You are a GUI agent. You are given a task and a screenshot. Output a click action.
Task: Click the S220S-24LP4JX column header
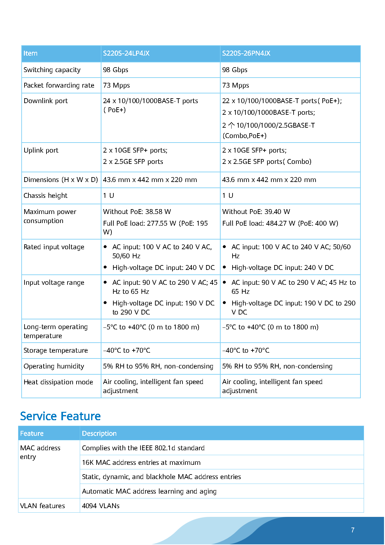point(126,53)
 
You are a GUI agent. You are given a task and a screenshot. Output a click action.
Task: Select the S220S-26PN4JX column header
point(246,53)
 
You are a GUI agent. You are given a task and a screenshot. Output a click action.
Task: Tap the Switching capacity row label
point(52,70)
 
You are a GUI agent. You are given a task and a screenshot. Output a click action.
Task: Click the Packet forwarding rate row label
point(59,85)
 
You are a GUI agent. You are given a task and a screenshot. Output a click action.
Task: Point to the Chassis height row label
point(46,196)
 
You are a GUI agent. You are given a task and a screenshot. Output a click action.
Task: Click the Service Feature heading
point(60,416)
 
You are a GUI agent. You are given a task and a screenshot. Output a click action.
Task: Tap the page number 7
point(353,530)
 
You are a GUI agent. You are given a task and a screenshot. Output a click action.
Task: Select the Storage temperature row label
point(56,350)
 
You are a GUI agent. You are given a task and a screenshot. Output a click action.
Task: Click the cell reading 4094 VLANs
point(101,506)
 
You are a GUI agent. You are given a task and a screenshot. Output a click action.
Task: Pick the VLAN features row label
point(42,506)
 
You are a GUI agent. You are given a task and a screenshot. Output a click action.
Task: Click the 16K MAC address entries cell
point(141,462)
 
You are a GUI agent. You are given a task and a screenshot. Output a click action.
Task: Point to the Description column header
point(99,433)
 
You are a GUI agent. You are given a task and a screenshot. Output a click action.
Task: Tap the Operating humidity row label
point(54,366)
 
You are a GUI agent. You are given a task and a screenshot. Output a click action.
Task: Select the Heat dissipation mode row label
point(58,382)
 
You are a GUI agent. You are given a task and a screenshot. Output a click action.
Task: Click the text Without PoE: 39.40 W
point(256,212)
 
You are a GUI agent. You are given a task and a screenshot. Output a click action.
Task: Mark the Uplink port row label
point(41,150)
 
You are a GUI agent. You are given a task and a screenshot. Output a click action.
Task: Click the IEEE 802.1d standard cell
point(143,448)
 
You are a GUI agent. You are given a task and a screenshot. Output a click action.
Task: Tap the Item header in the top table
point(30,53)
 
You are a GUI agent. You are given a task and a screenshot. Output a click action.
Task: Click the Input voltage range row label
point(54,283)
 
